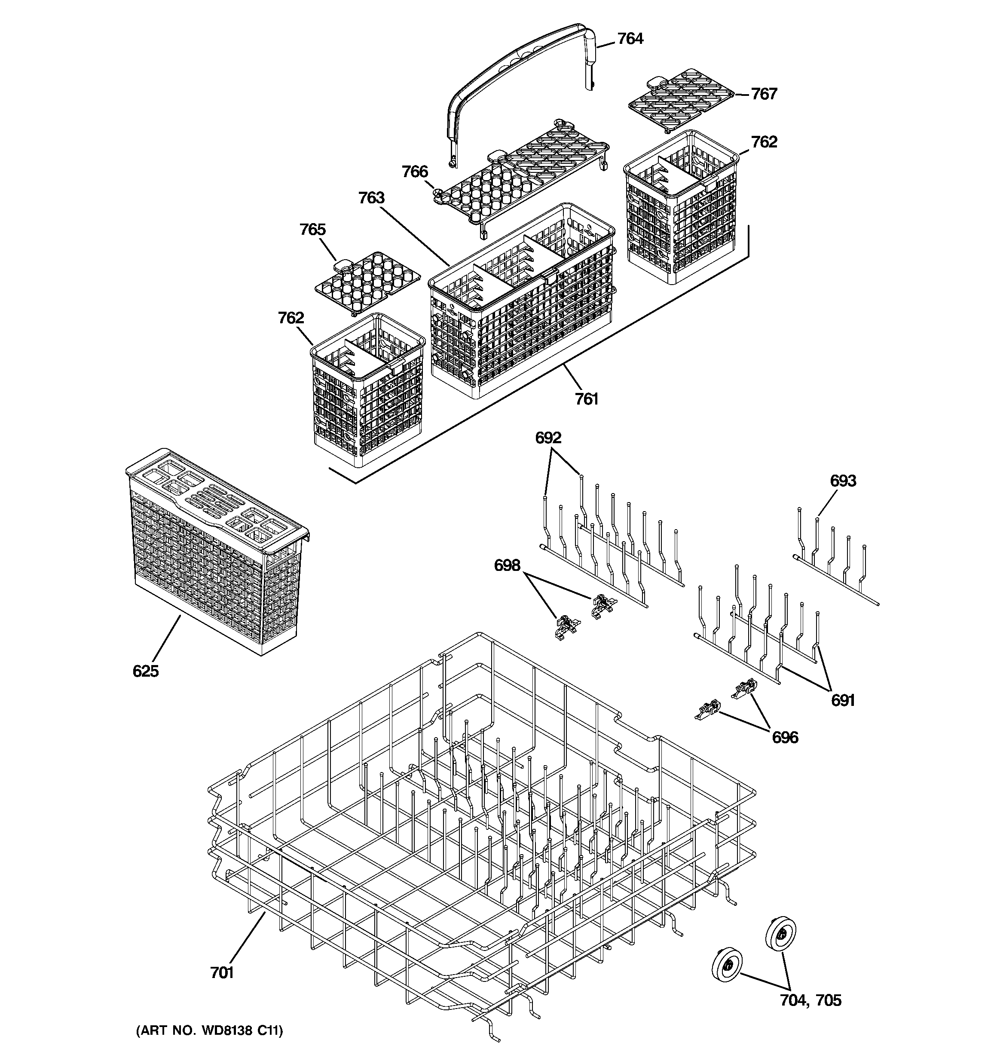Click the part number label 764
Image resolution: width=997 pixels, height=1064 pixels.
pyautogui.click(x=630, y=39)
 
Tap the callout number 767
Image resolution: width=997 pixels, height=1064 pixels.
pyautogui.click(x=764, y=94)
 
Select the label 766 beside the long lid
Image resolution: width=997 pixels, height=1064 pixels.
pyautogui.click(x=415, y=172)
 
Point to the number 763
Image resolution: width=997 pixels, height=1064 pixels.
pyautogui.click(x=371, y=198)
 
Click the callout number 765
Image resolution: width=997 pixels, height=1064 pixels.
pyautogui.click(x=312, y=230)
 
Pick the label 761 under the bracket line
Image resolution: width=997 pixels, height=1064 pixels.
pyautogui.click(x=587, y=399)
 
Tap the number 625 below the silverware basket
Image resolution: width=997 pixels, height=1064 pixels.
pyautogui.click(x=146, y=671)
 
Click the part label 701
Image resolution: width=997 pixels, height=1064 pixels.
pyautogui.click(x=222, y=972)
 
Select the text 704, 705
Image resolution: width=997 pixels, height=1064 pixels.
pyautogui.click(x=810, y=1000)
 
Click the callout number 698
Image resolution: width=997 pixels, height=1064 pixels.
pyautogui.click(x=507, y=565)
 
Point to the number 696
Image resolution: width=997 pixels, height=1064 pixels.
pyautogui.click(x=785, y=738)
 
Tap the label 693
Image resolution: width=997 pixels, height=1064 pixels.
pyautogui.click(x=843, y=481)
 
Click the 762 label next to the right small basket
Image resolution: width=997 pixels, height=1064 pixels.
pyautogui.click(x=764, y=142)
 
